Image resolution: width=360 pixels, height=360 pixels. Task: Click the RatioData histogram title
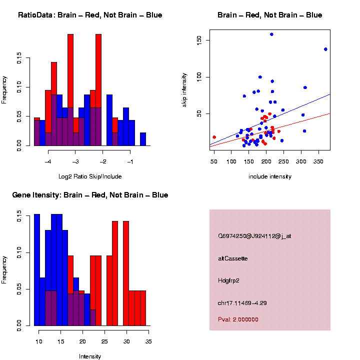point(90,15)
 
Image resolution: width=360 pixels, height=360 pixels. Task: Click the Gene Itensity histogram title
point(90,195)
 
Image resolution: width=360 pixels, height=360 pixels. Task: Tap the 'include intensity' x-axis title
point(270,176)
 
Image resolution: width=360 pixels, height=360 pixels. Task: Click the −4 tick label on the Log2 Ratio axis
point(48,162)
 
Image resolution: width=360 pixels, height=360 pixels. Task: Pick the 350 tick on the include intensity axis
point(319,162)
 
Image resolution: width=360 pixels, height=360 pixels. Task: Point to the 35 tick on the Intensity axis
point(148,342)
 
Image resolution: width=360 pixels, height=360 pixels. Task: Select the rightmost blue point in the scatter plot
point(325,49)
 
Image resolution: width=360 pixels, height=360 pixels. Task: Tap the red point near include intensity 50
point(214,137)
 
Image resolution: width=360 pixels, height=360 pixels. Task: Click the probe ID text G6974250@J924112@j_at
point(254,235)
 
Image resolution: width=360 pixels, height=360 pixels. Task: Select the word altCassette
point(233,258)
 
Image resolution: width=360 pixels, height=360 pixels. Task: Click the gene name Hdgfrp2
point(229,280)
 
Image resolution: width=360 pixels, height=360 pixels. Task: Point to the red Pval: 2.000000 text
point(238,319)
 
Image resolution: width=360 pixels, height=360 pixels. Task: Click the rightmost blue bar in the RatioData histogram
point(143,139)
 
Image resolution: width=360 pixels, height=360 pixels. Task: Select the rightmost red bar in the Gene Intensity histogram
point(143,308)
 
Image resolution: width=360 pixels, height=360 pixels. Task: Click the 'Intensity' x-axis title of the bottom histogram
point(90,356)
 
